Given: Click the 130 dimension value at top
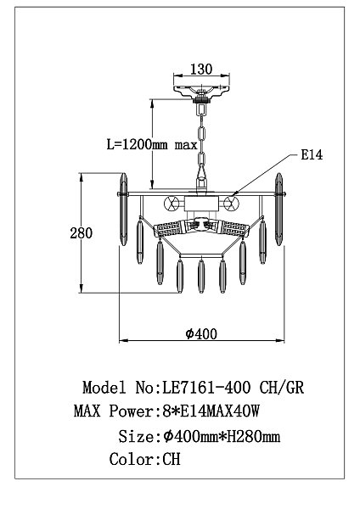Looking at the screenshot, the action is click(x=201, y=70).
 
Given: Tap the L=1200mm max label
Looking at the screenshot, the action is click(x=152, y=144).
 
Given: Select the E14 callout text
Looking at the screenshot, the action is click(x=312, y=154).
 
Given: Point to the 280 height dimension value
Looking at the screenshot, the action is click(x=81, y=233).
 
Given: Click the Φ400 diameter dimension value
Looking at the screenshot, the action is click(x=201, y=333).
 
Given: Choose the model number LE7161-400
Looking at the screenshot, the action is click(x=206, y=388).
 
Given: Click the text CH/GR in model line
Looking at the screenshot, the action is click(x=282, y=388).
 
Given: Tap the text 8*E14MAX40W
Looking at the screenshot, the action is click(x=211, y=411).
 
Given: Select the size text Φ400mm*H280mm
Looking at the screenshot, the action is click(x=222, y=436).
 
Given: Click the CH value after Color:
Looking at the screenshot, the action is click(x=172, y=459).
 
